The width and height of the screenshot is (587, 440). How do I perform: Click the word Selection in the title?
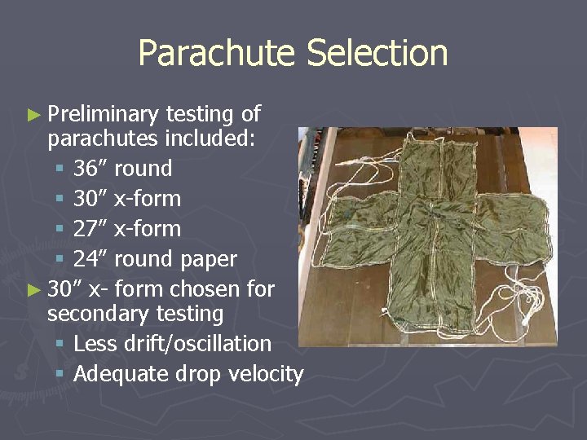(377, 54)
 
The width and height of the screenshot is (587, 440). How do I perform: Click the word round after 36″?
(143, 169)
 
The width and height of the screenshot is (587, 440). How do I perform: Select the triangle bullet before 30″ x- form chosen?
(33, 290)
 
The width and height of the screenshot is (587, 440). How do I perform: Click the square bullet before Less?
(60, 345)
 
